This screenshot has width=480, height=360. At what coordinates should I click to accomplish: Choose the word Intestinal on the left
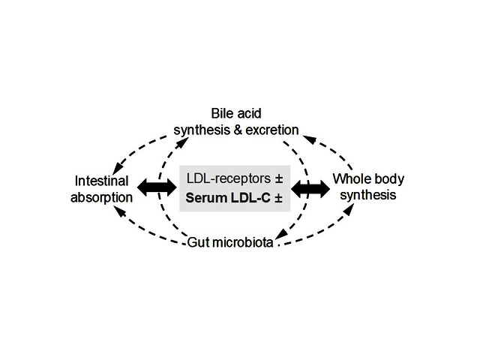(x=102, y=182)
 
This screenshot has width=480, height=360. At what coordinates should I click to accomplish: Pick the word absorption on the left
(x=103, y=197)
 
